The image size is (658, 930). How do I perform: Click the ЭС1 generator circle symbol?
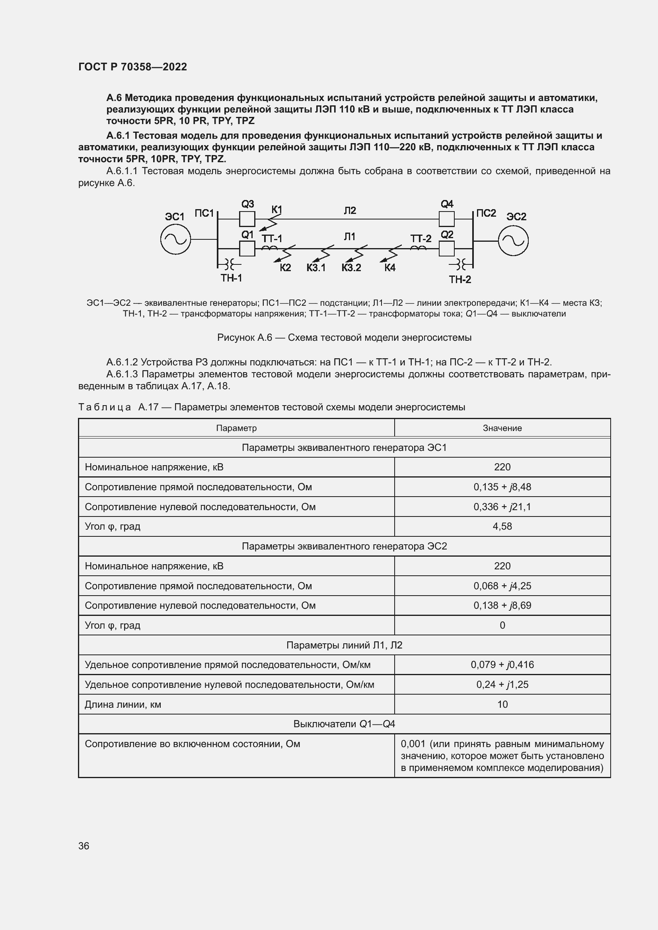pos(175,239)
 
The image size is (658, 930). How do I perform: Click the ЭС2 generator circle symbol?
pos(513,241)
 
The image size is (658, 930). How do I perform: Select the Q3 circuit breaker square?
pos(247,219)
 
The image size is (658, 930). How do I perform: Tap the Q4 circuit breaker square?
pos(446,219)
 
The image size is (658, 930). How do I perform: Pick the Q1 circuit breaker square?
pos(247,248)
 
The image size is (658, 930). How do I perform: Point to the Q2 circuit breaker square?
pos(446,248)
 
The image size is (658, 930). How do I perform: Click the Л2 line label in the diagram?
pos(350,210)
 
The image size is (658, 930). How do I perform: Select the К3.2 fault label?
pos(351,268)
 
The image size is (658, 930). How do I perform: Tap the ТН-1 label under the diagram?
pos(232,278)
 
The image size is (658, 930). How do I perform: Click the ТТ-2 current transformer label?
pos(421,238)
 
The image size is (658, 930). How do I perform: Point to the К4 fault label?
pos(390,268)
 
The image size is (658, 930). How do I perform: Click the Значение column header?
pos(502,428)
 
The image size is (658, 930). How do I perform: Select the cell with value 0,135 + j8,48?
pos(502,487)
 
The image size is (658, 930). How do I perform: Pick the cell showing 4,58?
pos(502,526)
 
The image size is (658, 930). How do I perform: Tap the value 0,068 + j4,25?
pos(502,586)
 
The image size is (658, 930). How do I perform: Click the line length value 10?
pos(502,705)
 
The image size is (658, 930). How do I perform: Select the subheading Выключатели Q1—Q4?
pos(344,724)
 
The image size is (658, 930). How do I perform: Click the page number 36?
pos(84,846)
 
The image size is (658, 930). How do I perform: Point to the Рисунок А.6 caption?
pos(344,338)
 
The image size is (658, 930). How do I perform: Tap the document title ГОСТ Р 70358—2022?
pos(132,67)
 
